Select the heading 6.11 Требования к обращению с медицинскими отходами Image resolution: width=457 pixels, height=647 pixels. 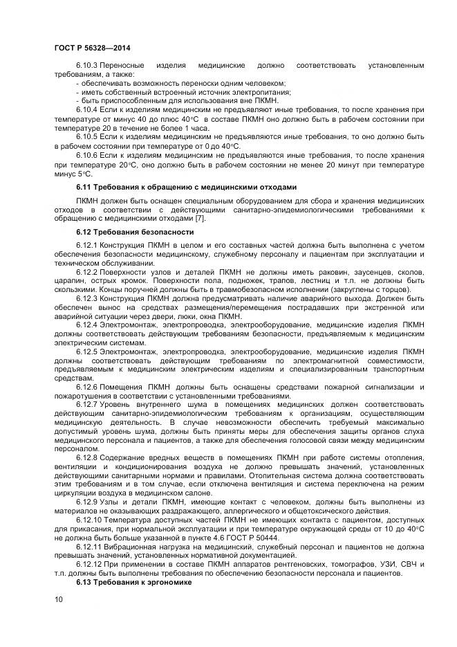(x=186, y=187)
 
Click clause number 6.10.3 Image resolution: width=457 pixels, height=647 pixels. (x=86, y=66)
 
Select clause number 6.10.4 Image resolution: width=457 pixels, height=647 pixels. (x=86, y=110)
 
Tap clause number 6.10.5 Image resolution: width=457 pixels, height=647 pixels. (x=86, y=137)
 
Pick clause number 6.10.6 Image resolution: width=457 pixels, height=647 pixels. (x=86, y=155)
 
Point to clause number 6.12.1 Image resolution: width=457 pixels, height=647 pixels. (x=86, y=246)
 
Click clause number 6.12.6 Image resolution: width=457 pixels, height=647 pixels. (x=86, y=385)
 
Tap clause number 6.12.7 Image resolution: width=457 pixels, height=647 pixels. (x=86, y=403)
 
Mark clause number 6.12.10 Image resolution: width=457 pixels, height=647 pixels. (x=88, y=520)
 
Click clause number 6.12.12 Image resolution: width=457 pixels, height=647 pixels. (x=88, y=565)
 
